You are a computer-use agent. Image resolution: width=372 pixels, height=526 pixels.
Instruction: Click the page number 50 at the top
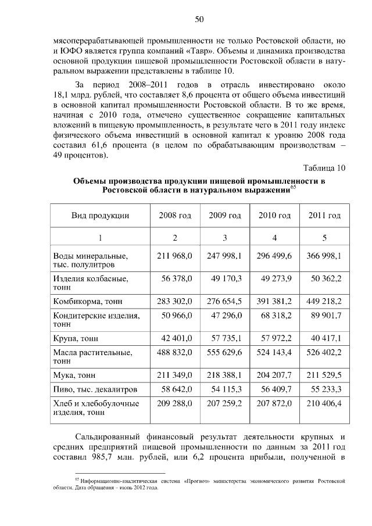pos(199,20)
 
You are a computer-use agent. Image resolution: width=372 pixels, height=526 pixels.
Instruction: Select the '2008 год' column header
pos(175,216)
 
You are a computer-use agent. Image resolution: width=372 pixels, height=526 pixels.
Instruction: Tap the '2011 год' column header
pos(324,216)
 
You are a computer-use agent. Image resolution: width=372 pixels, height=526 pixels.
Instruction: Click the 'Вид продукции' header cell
pos(100,216)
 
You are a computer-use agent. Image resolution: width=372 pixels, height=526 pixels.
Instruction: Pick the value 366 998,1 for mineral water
pos(324,256)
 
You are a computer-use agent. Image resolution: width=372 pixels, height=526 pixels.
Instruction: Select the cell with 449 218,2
pos(324,301)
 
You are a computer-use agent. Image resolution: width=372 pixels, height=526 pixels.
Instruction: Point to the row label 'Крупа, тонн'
pos(76,338)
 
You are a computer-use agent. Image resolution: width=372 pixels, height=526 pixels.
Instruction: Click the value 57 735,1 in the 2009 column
pos(225,338)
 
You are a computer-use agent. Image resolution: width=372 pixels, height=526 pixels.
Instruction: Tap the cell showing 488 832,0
pos(175,352)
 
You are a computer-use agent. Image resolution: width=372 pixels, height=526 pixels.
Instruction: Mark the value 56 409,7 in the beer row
pos(274,389)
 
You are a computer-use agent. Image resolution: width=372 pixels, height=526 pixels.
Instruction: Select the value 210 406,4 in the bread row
pos(324,402)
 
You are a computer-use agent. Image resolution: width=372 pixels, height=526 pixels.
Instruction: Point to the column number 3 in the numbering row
pos(225,237)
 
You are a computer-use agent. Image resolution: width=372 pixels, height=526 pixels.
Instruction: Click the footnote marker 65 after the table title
pos(293,187)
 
